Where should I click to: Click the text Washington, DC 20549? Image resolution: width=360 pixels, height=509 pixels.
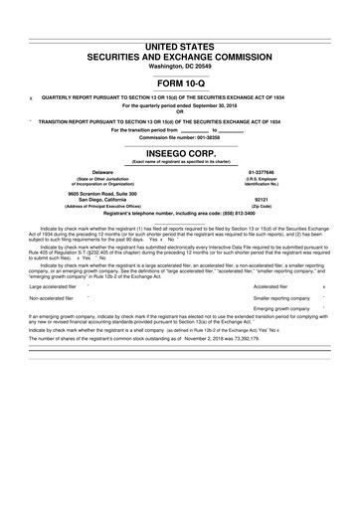pos(180,66)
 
